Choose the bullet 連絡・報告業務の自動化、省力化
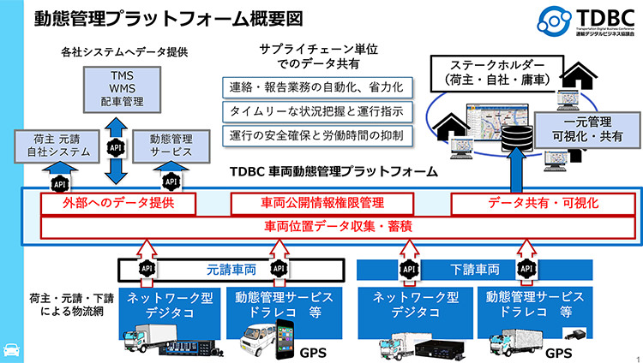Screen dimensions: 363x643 318,87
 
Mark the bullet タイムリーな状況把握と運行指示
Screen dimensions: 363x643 318,111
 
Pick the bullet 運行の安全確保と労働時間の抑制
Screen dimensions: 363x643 318,135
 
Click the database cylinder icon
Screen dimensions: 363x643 514,138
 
